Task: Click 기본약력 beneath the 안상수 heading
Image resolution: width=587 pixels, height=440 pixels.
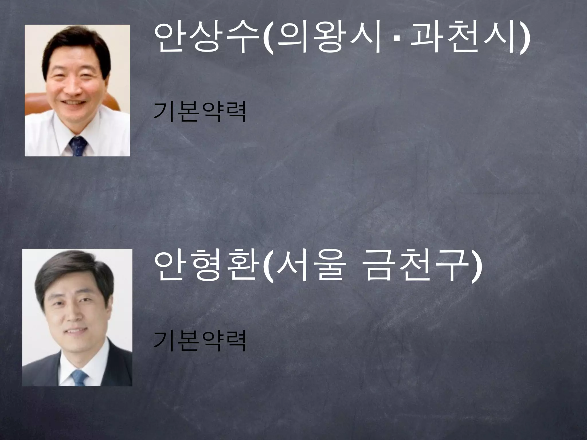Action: tap(200, 112)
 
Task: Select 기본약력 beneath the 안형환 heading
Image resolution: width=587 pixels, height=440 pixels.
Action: tap(200, 341)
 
